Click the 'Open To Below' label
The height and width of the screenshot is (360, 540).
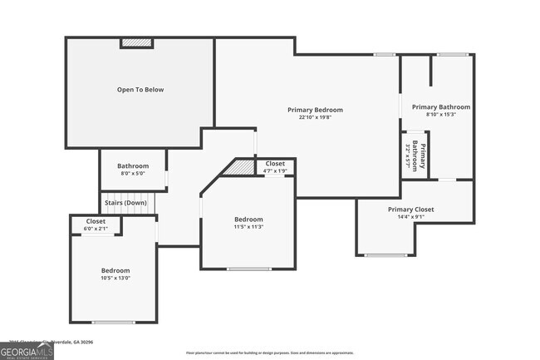point(140,89)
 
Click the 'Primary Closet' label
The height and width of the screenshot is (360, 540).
point(411,210)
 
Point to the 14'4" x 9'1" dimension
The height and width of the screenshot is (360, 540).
point(411,217)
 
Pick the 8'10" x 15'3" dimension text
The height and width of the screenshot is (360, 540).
point(441,114)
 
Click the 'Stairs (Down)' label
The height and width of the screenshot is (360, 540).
point(125,202)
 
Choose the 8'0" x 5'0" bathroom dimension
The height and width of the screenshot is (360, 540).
point(133,174)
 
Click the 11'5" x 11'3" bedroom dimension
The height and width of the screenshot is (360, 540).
point(248,227)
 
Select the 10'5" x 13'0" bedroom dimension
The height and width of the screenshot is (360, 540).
point(115,279)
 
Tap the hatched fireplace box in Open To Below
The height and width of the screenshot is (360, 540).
point(137,43)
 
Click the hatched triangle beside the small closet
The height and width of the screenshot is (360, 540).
point(243,168)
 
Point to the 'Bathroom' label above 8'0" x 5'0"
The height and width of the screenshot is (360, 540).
point(133,166)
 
